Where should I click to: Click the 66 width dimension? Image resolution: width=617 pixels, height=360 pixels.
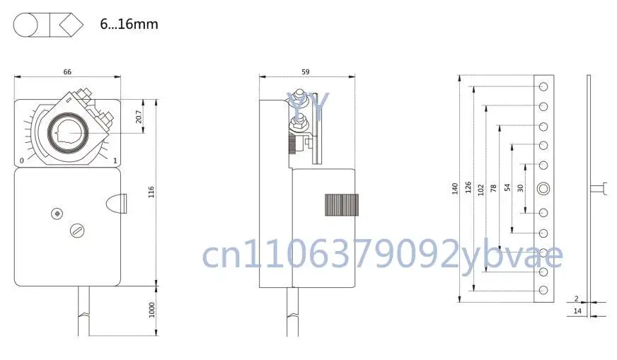click(67, 71)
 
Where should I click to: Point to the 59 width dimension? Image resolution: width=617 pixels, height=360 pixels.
click(306, 71)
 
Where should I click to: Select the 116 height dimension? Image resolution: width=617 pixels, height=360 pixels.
click(151, 192)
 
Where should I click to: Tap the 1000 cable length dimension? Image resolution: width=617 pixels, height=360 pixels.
click(151, 310)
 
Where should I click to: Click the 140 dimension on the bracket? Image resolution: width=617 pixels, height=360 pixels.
click(455, 190)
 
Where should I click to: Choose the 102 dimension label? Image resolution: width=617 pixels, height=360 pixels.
click(481, 189)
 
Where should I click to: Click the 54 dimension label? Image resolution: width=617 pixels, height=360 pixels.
click(507, 187)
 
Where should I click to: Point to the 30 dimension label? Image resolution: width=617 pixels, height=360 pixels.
click(520, 187)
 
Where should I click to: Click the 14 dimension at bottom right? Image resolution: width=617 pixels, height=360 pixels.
click(577, 310)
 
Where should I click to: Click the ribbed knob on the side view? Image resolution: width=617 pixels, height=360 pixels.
click(342, 205)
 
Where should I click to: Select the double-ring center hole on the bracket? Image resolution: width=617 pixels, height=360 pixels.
click(543, 188)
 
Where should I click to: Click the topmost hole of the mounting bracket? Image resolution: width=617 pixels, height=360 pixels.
click(543, 86)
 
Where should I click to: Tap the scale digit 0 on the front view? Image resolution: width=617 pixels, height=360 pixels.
click(23, 161)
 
